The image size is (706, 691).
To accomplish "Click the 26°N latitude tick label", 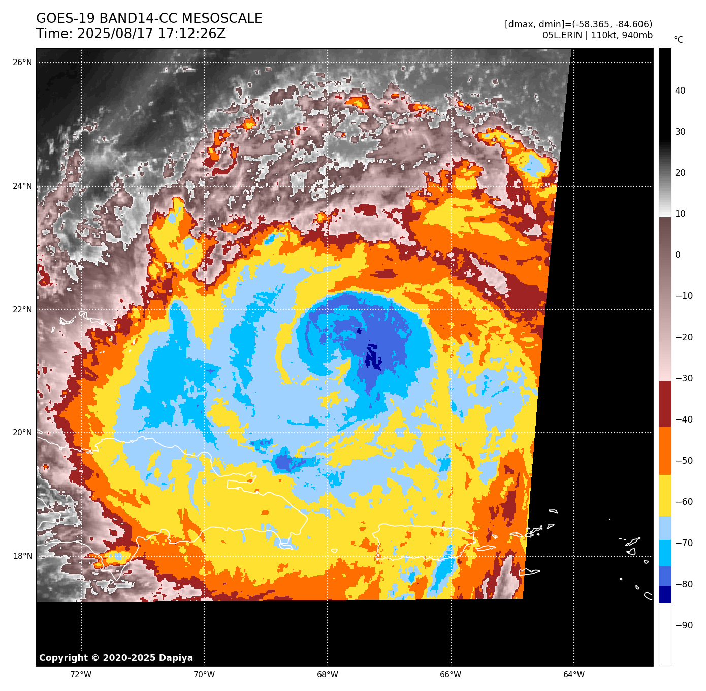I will pyautogui.click(x=22, y=63).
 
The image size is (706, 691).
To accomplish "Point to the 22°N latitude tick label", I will pyautogui.click(x=22, y=309).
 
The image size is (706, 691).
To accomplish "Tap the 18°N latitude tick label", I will pyautogui.click(x=22, y=556).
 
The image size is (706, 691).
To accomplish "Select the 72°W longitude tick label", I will pyautogui.click(x=81, y=675).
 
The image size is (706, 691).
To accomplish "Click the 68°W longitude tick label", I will pyautogui.click(x=328, y=675).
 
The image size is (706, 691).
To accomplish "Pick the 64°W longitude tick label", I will pyautogui.click(x=574, y=675).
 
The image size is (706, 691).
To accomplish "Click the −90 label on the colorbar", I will pyautogui.click(x=684, y=625).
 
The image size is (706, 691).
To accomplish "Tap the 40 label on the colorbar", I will pyautogui.click(x=680, y=91).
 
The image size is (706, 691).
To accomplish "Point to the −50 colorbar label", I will pyautogui.click(x=684, y=461).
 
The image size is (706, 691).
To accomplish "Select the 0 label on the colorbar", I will pyautogui.click(x=678, y=255).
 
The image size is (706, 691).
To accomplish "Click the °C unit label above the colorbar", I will pyautogui.click(x=678, y=40).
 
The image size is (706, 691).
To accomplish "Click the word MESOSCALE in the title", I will pyautogui.click(x=222, y=19).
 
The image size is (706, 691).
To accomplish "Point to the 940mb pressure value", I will pyautogui.click(x=637, y=35).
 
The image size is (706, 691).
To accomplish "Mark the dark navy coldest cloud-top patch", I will pyautogui.click(x=373, y=356).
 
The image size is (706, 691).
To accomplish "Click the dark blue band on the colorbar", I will pyautogui.click(x=665, y=594).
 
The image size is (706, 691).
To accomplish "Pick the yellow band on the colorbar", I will pyautogui.click(x=665, y=496).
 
